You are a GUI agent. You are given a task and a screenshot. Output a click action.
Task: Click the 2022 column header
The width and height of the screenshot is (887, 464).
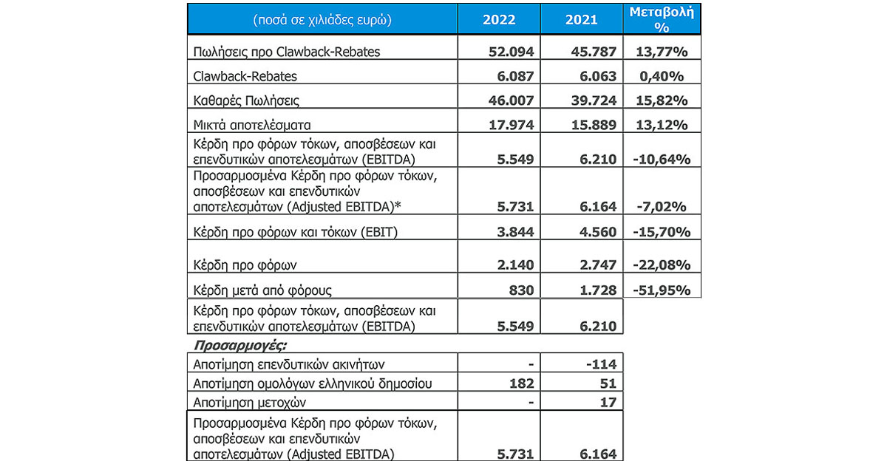tap(499, 19)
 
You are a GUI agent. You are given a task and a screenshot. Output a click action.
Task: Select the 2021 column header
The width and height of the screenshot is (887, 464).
tap(582, 19)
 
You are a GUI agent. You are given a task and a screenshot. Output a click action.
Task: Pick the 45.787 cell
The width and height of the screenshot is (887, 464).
tap(595, 52)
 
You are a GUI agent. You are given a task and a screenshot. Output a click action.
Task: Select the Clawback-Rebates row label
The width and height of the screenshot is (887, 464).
tap(245, 76)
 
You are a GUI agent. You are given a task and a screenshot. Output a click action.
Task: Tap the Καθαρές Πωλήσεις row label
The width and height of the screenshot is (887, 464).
tap(245, 100)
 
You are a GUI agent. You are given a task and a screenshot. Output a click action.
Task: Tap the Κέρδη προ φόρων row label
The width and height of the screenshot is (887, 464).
tap(235, 265)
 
